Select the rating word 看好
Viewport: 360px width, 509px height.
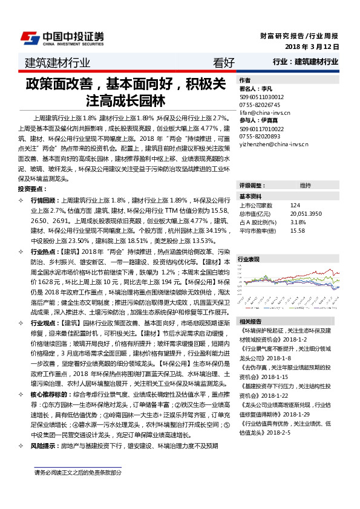click(x=224, y=62)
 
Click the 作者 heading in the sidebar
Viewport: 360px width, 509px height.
click(x=245, y=80)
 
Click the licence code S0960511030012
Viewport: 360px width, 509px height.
click(x=262, y=96)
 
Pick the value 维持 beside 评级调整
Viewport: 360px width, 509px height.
click(x=305, y=185)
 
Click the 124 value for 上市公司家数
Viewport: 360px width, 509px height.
click(x=295, y=206)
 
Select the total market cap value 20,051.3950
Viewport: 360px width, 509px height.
click(x=307, y=214)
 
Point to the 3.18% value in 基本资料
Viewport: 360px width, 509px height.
click(x=298, y=222)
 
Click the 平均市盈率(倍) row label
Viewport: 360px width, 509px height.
click(x=258, y=230)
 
